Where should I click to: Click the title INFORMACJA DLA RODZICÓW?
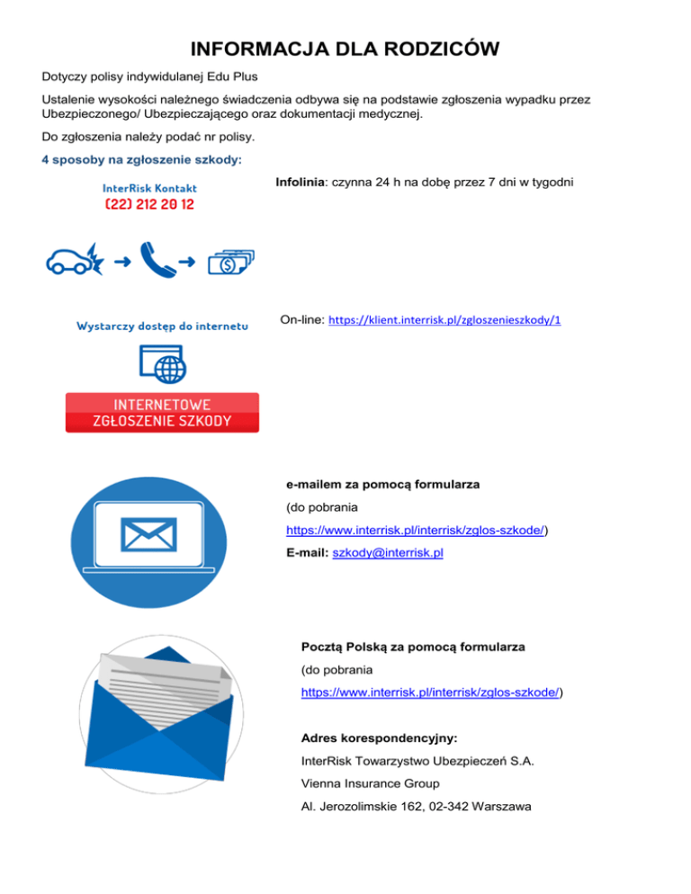point(345,49)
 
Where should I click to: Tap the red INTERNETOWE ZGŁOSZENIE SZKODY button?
point(162,413)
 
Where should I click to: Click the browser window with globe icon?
point(163,365)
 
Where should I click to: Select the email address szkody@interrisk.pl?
point(388,554)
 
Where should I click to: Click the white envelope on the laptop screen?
point(150,537)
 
